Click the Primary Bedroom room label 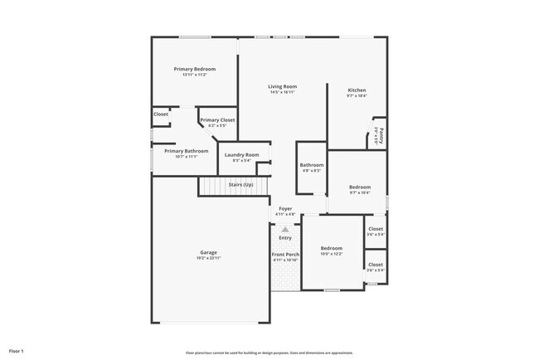pos(195,69)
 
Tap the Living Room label pos(282,86)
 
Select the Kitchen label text pos(357,90)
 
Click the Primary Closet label pos(217,120)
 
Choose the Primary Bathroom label pos(186,151)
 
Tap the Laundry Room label pos(241,155)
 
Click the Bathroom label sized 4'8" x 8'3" pos(311,165)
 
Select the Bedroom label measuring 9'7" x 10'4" pos(360,187)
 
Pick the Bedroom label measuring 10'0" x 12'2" pos(332,248)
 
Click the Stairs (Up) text pos(240,184)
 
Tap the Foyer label pos(285,209)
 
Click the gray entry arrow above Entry pos(285,229)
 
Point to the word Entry pos(285,238)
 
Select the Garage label pos(208,252)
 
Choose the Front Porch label pos(285,255)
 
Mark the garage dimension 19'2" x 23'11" pos(208,258)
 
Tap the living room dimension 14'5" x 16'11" pos(282,92)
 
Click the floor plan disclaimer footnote pos(269,353)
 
